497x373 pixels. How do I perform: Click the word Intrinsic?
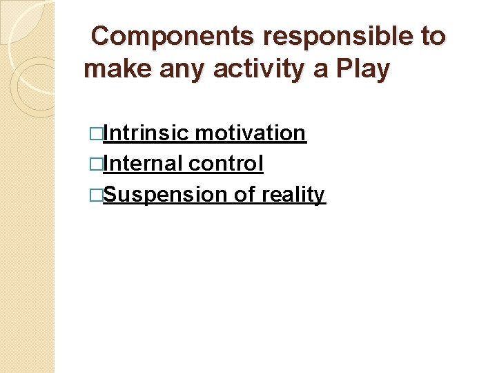pos(146,133)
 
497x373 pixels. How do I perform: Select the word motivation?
pos(250,133)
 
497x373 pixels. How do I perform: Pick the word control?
pos(226,164)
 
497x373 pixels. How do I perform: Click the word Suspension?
pos(165,195)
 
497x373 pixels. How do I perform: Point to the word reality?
pos(293,195)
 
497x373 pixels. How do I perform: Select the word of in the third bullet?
pos(244,195)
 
